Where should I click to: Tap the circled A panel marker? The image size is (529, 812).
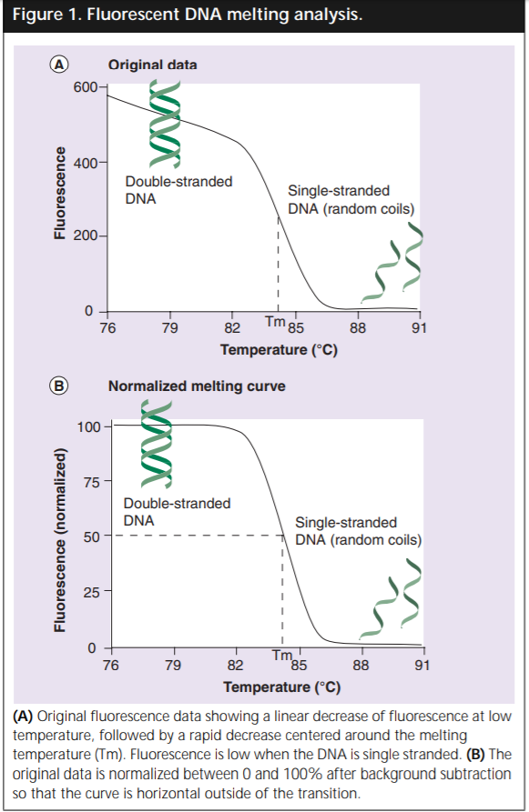click(x=59, y=65)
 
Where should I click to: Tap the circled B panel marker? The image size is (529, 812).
click(x=59, y=386)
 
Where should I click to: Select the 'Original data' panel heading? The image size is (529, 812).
click(x=152, y=65)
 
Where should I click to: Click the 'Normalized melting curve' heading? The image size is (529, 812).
click(x=197, y=386)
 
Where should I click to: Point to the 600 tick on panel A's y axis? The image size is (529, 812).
click(x=86, y=87)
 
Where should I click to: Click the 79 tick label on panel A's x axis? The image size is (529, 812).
click(x=169, y=328)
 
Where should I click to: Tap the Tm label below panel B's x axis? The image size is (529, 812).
click(x=281, y=657)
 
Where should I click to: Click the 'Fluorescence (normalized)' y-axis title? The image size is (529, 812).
click(x=60, y=540)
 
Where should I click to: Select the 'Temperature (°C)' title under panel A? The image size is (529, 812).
click(x=279, y=349)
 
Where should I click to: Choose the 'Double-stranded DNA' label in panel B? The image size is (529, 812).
click(x=177, y=512)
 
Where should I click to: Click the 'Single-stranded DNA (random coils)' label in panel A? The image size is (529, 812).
click(x=351, y=200)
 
